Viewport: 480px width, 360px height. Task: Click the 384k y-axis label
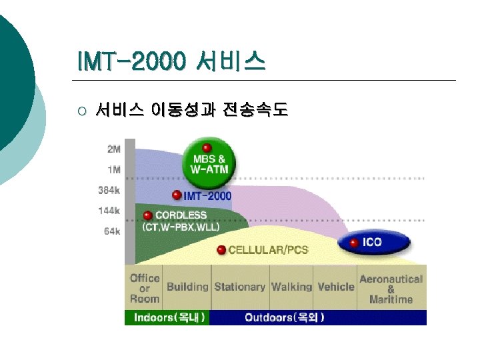109,190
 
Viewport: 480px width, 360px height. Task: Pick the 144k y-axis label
109,211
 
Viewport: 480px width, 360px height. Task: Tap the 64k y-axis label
112,231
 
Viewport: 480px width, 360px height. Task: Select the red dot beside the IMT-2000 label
177,195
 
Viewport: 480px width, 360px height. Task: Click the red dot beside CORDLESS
148,215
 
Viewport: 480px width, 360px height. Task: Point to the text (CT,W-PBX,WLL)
181,227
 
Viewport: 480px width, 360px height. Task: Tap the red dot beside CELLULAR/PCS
221,250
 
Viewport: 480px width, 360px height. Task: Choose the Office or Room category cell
145,288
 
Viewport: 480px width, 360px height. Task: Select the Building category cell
187,287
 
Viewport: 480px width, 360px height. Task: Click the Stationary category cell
239,287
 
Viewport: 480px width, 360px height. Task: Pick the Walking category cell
291,287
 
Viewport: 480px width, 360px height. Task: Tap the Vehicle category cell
335,287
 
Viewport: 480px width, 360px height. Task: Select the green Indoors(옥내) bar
168,318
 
